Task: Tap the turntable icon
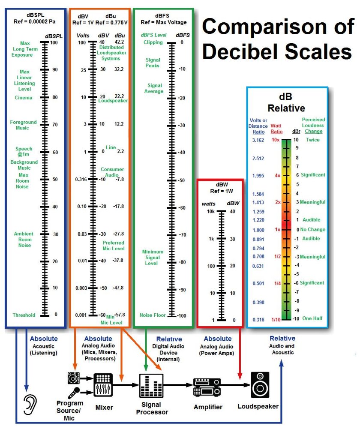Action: [x=74, y=378]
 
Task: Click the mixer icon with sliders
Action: [x=103, y=385]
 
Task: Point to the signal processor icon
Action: [x=151, y=385]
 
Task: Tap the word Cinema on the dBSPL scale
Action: [x=24, y=98]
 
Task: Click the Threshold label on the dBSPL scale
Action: [x=24, y=315]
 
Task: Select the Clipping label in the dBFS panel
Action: [x=153, y=42]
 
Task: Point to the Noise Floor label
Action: [x=153, y=315]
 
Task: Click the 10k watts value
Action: [x=211, y=211]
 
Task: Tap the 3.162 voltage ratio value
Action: [x=258, y=140]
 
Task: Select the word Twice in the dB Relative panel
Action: [x=313, y=140]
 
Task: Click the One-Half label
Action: [x=312, y=318]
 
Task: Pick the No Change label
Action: [x=312, y=230]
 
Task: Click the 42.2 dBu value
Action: [x=119, y=42]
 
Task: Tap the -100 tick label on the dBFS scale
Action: [x=181, y=316]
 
